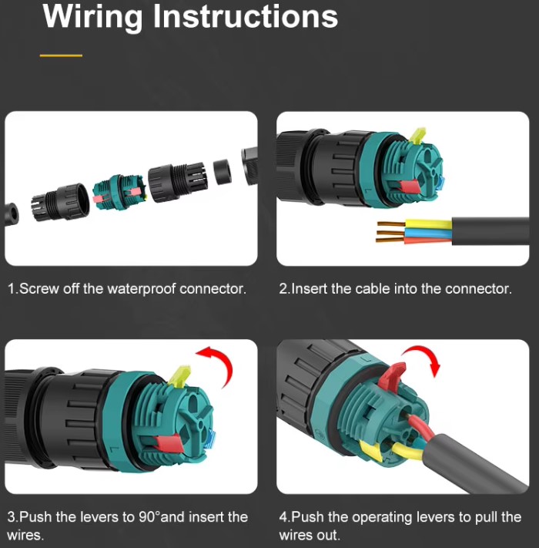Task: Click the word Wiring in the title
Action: [x=92, y=18]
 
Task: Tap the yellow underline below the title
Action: [x=61, y=55]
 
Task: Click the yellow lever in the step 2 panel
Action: [x=417, y=136]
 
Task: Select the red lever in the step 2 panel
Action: [x=408, y=187]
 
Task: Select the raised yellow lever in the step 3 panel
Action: [x=179, y=376]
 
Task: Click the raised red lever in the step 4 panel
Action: [x=391, y=375]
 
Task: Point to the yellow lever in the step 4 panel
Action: [x=370, y=451]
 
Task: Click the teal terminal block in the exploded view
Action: [x=119, y=192]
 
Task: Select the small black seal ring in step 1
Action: [x=222, y=171]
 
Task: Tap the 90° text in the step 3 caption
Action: [x=149, y=516]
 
